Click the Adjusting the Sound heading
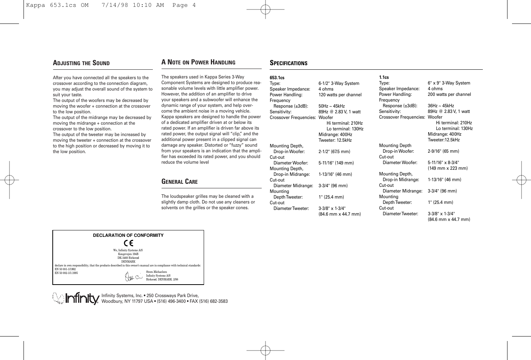(81, 63)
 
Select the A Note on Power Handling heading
(198, 63)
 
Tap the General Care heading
(179, 182)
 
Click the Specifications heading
(288, 63)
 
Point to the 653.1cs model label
(277, 78)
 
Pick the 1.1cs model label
(384, 77)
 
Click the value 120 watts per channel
(340, 95)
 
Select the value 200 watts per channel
(449, 94)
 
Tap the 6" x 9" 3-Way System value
(449, 83)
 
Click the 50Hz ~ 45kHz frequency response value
(331, 106)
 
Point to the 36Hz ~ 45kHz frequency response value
(441, 106)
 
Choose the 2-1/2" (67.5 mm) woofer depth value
(334, 152)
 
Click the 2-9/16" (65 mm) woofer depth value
(443, 151)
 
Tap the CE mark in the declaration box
(128, 243)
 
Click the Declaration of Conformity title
(128, 235)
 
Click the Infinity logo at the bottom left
(76, 299)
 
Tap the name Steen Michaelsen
(156, 272)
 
